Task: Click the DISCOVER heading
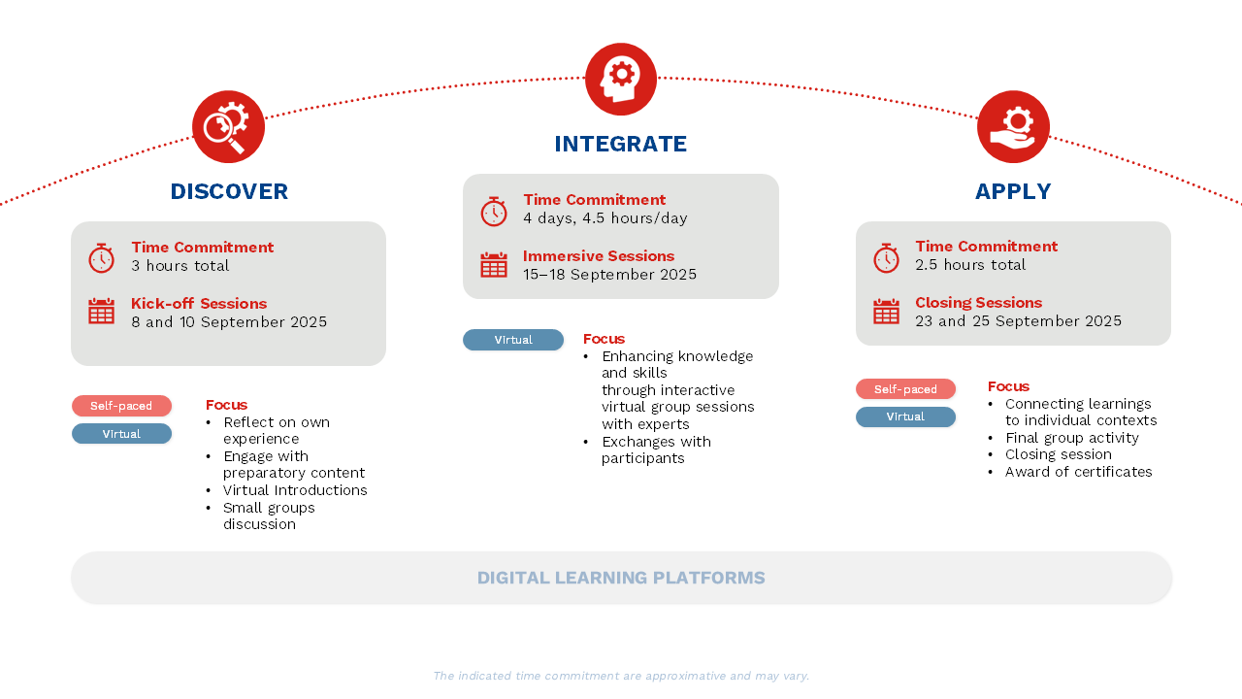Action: pos(229,191)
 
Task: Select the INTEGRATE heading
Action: pos(620,144)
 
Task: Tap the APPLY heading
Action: pos(1013,191)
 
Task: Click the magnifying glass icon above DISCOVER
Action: pos(228,126)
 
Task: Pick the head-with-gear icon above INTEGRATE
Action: pos(621,79)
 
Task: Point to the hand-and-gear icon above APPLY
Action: pos(1013,126)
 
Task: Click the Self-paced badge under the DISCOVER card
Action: pos(121,406)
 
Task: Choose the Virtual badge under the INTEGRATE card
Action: pos(513,340)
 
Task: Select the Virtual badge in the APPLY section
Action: pos(905,416)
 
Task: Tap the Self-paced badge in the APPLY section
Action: pos(905,389)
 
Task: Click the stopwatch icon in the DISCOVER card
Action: pos(102,258)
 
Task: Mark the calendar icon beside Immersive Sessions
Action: pos(494,265)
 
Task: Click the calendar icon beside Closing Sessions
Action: pos(886,312)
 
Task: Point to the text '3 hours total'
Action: pos(180,266)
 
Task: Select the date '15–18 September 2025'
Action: pos(610,275)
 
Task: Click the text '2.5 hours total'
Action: pos(970,265)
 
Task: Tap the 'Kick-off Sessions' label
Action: pos(199,304)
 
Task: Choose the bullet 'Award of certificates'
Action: pos(1078,472)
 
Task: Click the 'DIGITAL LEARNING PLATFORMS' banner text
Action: pos(621,578)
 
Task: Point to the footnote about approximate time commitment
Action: pos(621,676)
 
